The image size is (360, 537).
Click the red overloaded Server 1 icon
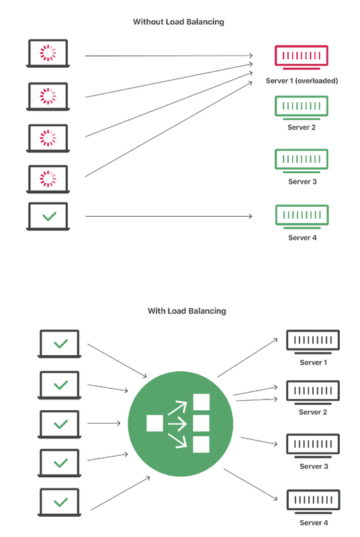(x=302, y=57)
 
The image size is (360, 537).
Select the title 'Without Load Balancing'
(x=179, y=22)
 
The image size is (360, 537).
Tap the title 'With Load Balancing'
(x=187, y=311)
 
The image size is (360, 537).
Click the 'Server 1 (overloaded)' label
(x=302, y=81)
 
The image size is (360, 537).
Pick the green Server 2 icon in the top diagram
(x=302, y=107)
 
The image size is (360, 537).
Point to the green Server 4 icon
(x=302, y=216)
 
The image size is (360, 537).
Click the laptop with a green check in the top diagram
(x=48, y=216)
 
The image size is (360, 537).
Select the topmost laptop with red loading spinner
(x=48, y=54)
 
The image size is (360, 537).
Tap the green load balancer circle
(x=181, y=424)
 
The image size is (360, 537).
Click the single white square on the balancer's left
(x=154, y=424)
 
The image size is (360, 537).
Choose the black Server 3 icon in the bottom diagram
(x=313, y=446)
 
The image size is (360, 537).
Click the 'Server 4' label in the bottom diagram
(x=314, y=523)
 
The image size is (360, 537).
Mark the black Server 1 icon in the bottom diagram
(x=313, y=342)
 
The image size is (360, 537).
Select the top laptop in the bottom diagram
(x=59, y=344)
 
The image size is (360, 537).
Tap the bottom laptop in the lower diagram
(x=59, y=502)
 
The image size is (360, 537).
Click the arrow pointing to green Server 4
(x=169, y=216)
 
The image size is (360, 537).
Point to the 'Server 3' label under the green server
(x=302, y=181)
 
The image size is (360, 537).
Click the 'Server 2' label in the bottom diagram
(x=313, y=412)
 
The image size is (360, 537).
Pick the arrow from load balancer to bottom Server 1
(x=247, y=358)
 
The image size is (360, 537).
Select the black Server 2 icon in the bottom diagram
(x=313, y=392)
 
